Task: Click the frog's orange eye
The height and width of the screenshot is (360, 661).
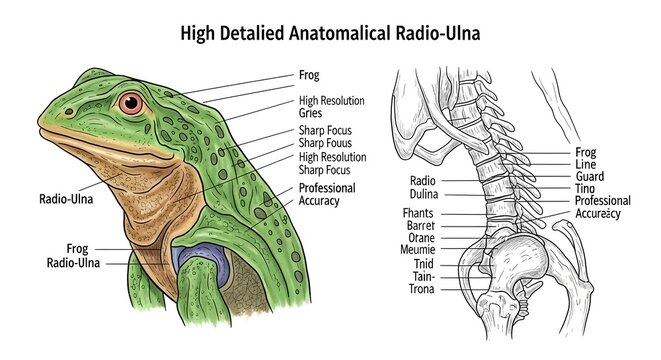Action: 131,103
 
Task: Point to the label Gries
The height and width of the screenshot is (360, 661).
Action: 311,114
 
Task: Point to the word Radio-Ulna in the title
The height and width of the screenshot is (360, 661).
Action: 437,33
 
